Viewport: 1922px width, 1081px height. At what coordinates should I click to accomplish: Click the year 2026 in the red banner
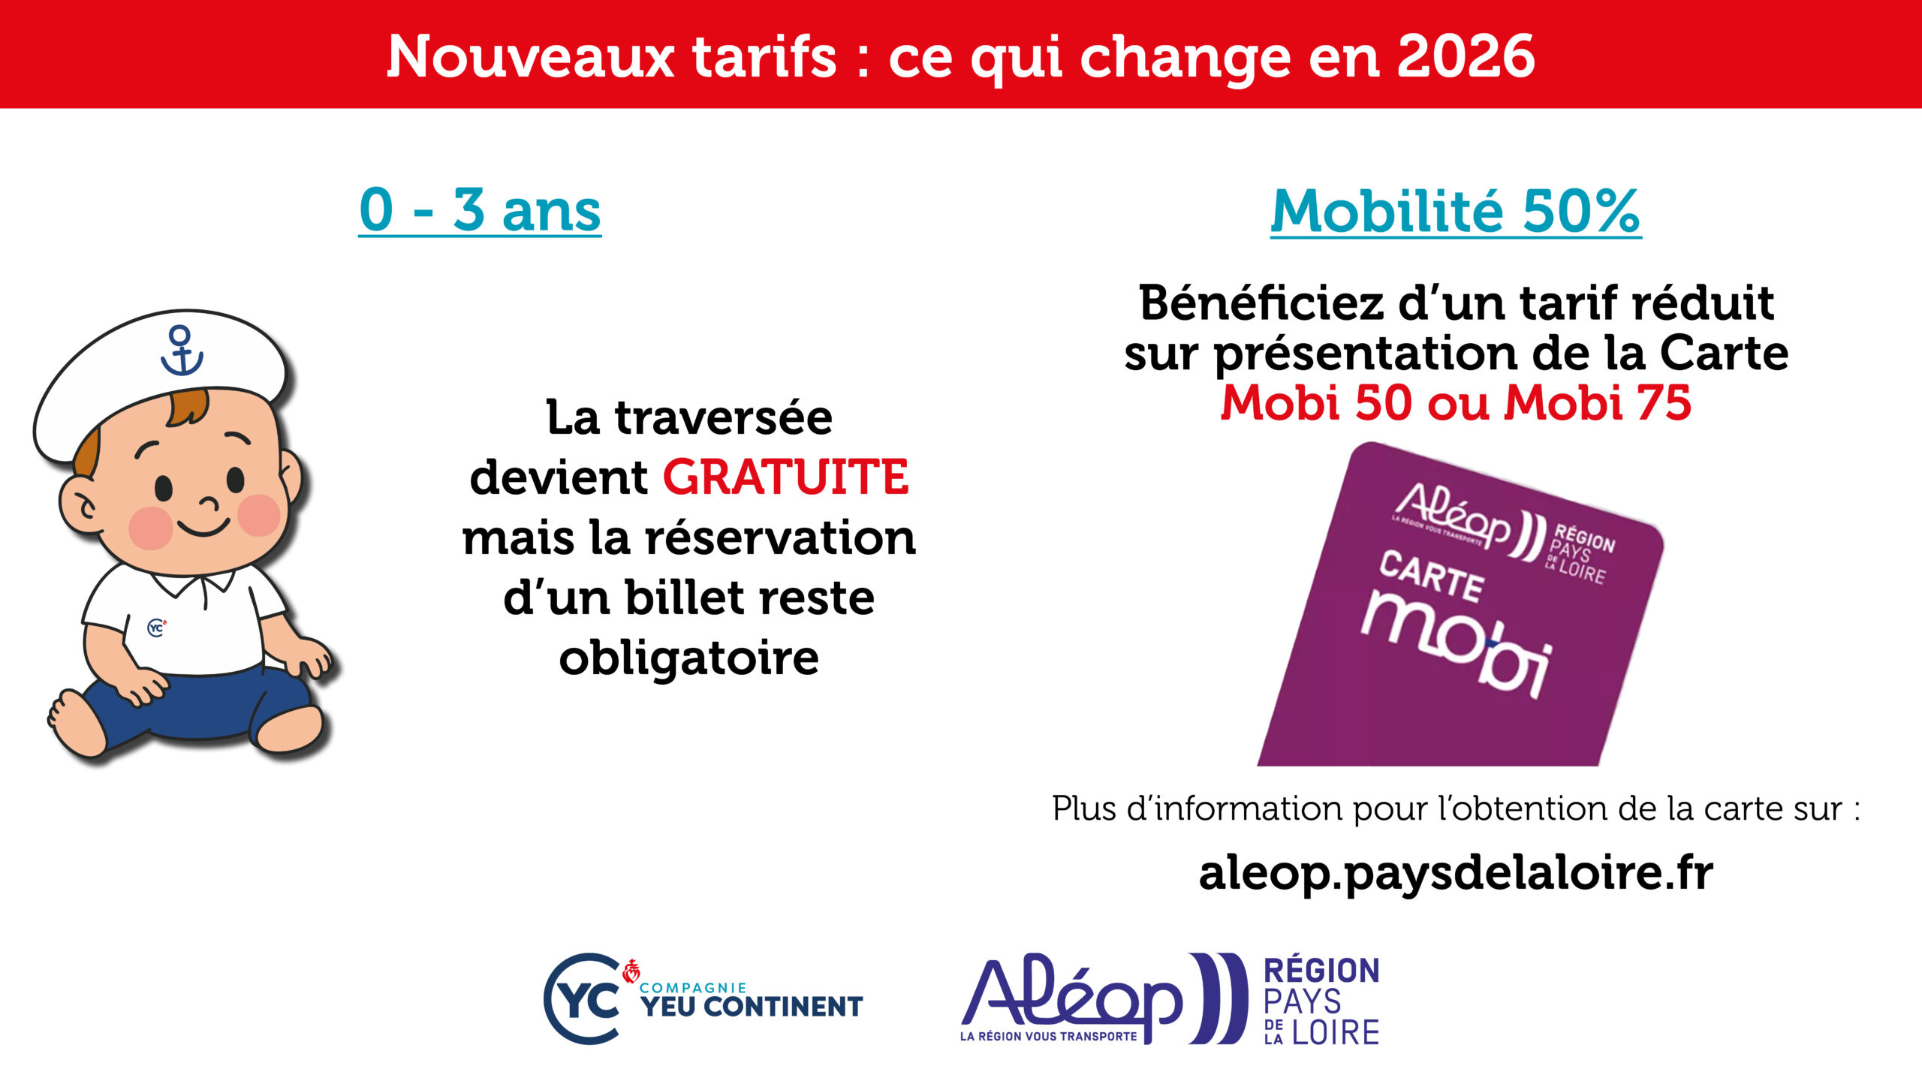point(1466,56)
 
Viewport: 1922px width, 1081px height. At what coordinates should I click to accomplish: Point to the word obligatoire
point(688,658)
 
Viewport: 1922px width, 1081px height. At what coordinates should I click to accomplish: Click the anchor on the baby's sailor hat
point(181,351)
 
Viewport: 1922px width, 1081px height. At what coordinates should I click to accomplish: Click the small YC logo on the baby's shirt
point(156,627)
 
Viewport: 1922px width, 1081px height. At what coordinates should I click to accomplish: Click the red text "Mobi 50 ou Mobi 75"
point(1456,403)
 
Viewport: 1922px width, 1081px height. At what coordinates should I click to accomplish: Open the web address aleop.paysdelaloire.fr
point(1456,873)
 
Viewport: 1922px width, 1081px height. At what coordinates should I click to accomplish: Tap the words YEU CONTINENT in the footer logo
point(752,1007)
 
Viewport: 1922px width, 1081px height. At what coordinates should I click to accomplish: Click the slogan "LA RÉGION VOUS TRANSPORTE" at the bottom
point(1048,1037)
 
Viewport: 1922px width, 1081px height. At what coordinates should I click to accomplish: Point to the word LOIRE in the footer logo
point(1336,1033)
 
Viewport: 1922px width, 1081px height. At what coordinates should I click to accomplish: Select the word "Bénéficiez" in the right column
point(1261,303)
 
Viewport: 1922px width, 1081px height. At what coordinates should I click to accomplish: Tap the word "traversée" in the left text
point(724,417)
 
